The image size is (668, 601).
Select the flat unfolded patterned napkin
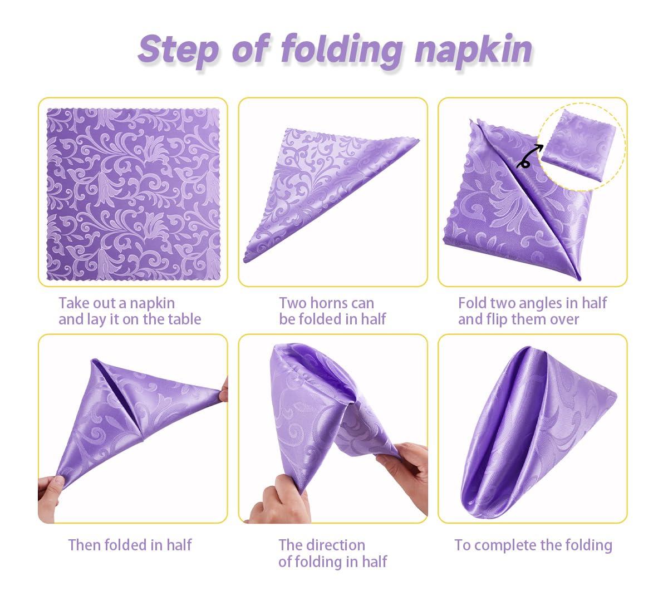click(132, 192)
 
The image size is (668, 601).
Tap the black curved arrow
click(529, 156)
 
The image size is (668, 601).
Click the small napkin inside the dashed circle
click(573, 146)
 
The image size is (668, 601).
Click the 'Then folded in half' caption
click(130, 545)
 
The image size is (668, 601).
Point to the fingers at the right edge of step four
click(224, 390)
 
